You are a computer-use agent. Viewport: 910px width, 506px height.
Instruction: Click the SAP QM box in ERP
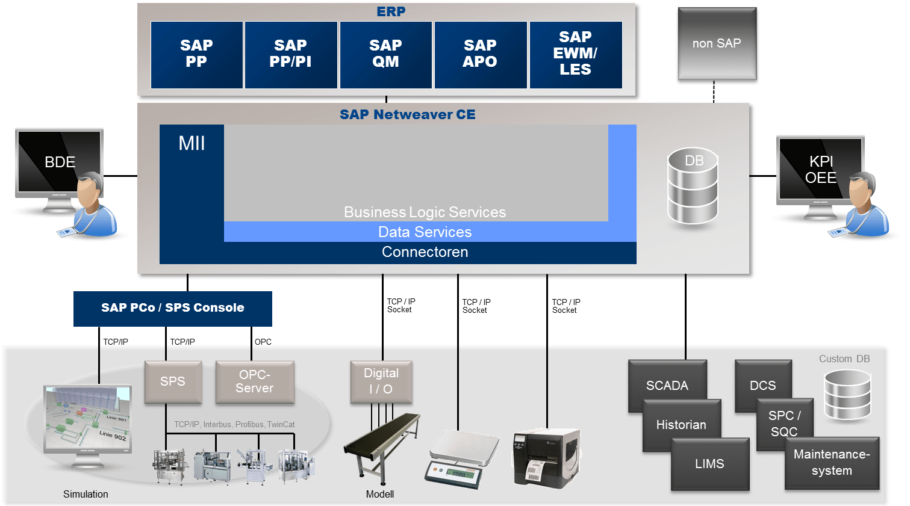point(385,55)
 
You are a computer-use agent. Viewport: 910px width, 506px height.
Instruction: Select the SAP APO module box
point(480,55)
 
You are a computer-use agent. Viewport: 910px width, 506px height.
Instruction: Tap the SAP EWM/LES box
point(575,55)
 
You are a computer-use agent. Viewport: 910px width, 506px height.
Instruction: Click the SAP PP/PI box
point(290,55)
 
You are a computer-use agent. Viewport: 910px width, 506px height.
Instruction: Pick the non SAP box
point(717,45)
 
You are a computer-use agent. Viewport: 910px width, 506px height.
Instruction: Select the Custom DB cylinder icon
point(847,395)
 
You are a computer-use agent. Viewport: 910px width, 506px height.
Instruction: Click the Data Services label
point(425,232)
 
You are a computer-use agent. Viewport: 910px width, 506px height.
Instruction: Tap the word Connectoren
point(425,252)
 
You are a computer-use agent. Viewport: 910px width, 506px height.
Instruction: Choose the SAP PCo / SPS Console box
point(172,308)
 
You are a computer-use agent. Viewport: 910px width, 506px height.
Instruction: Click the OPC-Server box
point(255,381)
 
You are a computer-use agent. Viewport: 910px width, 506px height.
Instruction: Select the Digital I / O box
point(381,381)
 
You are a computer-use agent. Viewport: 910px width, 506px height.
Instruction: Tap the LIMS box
point(709,464)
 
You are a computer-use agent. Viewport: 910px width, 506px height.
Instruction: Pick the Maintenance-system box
point(832,463)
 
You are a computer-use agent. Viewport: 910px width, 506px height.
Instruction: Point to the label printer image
point(546,457)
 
